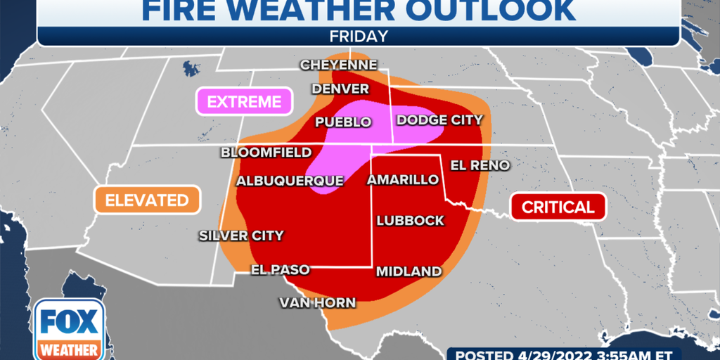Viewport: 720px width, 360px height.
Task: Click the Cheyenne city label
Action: [339, 65]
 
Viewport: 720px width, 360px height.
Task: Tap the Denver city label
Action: [340, 89]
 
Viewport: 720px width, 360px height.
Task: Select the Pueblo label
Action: [343, 122]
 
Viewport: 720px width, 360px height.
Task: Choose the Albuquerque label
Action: [290, 181]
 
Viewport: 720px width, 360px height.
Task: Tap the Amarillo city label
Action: [404, 180]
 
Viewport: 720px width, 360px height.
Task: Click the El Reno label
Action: [480, 165]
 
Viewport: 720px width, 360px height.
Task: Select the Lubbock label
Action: [411, 220]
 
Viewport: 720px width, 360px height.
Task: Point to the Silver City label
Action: [241, 236]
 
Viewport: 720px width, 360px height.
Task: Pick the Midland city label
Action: [409, 271]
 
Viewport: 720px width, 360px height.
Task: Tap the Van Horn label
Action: [317, 303]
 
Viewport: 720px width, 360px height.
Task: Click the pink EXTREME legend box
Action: [244, 102]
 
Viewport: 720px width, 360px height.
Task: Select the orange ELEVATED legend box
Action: [147, 200]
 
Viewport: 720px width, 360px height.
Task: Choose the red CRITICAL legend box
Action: [558, 207]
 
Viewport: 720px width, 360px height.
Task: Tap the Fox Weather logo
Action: [69, 328]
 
